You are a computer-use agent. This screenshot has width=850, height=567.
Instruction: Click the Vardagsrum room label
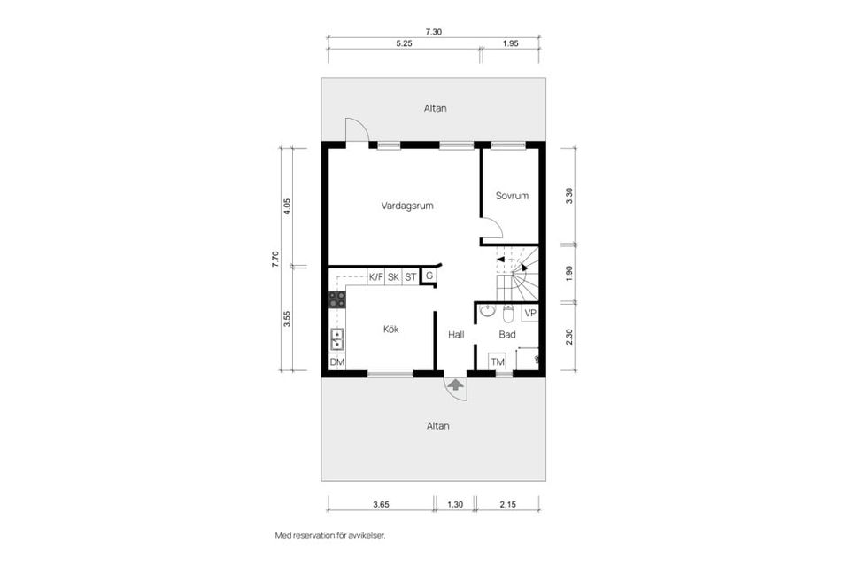tap(407, 206)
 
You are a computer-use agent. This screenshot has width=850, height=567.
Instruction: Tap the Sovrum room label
tap(512, 196)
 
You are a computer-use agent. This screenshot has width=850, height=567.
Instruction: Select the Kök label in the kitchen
tap(390, 329)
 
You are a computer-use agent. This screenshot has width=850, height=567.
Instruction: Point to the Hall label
tap(456, 335)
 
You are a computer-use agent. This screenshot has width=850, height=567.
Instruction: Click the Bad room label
tap(507, 335)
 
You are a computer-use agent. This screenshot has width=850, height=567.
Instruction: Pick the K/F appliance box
tap(376, 276)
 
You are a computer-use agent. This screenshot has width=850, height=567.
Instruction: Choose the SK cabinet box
tap(393, 276)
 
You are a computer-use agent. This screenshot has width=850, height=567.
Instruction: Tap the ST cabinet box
tap(410, 276)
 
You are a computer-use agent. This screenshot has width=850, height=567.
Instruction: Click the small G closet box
tap(429, 276)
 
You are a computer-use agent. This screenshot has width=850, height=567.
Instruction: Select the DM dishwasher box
tap(336, 362)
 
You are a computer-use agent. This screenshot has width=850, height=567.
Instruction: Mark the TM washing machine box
tap(498, 361)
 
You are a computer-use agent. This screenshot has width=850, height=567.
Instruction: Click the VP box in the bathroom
tap(530, 313)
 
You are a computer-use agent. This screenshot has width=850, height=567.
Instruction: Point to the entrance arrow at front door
tap(455, 384)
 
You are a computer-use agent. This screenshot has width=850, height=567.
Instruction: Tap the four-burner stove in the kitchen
tap(337, 299)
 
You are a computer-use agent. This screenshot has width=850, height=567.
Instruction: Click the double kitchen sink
tap(337, 338)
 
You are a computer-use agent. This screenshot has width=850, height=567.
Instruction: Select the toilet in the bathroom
tap(508, 314)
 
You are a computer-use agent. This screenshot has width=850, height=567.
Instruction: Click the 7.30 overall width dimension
tap(433, 32)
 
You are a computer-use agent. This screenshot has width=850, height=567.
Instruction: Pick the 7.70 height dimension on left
tap(275, 259)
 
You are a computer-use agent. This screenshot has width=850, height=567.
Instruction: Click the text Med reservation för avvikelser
tap(330, 535)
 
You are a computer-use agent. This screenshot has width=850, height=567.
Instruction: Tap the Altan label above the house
tap(434, 108)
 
